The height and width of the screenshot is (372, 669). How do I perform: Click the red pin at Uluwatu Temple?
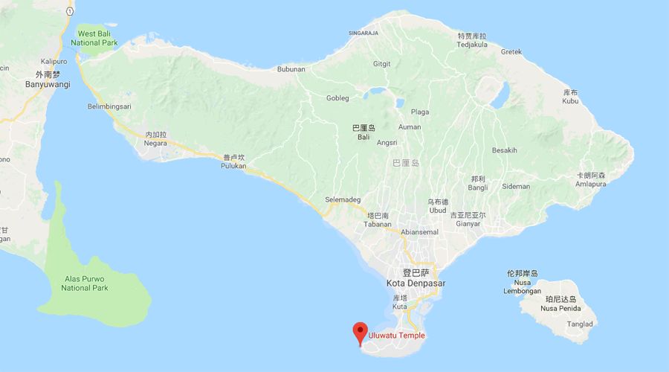click(361, 332)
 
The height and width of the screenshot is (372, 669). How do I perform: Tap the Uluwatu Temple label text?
click(397, 336)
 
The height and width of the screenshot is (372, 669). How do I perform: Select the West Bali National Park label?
click(96, 39)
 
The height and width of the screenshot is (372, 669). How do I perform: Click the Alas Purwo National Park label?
click(85, 283)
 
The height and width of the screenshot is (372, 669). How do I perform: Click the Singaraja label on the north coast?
click(363, 33)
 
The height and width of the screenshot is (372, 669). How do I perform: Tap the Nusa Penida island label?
click(559, 308)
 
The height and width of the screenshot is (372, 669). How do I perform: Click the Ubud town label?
click(438, 210)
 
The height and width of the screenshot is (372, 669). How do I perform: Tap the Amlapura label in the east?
click(590, 184)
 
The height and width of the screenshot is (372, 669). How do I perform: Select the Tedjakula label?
click(471, 44)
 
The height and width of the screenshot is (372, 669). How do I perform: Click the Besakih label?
click(504, 150)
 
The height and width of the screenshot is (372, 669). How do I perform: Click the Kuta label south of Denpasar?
click(399, 306)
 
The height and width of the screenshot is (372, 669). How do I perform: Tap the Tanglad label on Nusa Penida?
click(580, 324)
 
